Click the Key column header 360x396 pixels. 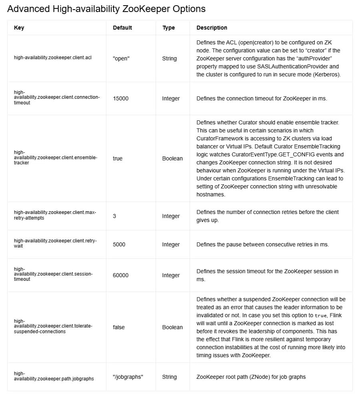(x=19, y=28)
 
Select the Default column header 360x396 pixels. (x=122, y=28)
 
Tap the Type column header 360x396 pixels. (x=168, y=28)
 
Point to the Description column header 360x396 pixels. (x=212, y=28)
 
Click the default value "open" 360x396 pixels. (x=121, y=58)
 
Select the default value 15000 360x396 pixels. (x=121, y=98)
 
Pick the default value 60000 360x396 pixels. (x=121, y=275)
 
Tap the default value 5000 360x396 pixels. (x=119, y=244)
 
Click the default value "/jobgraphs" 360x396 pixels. (x=128, y=377)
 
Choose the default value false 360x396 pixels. (x=119, y=327)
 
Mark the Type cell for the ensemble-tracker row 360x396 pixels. (x=172, y=158)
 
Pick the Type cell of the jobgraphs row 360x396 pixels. (x=169, y=377)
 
